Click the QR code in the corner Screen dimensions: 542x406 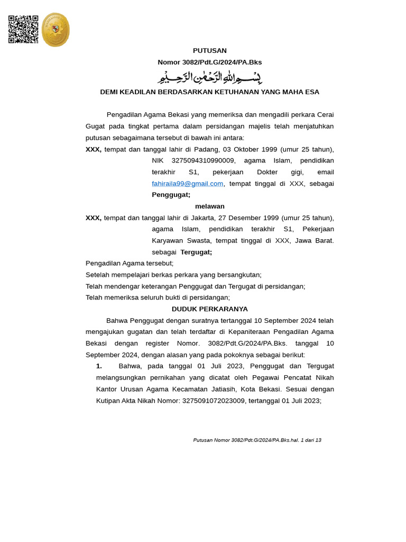point(23,29)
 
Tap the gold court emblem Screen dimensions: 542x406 point(56,30)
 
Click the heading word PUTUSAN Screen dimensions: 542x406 point(209,51)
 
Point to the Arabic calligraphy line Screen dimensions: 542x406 point(209,77)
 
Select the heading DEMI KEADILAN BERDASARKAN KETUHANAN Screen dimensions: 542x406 point(209,92)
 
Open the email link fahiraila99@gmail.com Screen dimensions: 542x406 point(187,184)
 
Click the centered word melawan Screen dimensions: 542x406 point(209,206)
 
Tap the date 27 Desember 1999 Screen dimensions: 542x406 point(248,218)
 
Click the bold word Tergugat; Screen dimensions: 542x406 point(196,252)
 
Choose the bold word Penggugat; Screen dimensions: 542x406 point(171,195)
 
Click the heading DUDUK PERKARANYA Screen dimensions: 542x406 point(209,309)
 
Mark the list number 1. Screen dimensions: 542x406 point(99,366)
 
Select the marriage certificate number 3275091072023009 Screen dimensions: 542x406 point(214,401)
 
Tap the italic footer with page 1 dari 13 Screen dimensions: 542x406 point(257,440)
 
